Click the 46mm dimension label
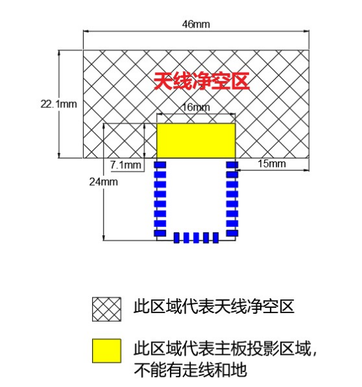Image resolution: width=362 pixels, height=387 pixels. click(x=196, y=24)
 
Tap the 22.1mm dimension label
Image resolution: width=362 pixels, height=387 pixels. click(x=59, y=104)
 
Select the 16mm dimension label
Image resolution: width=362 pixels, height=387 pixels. click(x=196, y=107)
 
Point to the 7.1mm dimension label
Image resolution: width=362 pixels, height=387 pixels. click(x=126, y=165)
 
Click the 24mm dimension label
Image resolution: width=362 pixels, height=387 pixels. click(x=103, y=182)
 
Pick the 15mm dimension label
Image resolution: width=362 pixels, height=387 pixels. click(x=272, y=163)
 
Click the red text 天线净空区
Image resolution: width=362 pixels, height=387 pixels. click(x=201, y=81)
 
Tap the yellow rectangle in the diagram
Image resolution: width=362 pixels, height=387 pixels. click(x=196, y=141)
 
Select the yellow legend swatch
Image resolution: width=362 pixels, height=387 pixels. click(x=107, y=350)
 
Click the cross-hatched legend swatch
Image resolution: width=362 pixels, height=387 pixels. click(x=107, y=309)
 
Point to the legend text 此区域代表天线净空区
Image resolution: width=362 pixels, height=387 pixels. click(x=214, y=307)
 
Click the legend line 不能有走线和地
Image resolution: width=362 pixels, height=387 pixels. click(x=190, y=369)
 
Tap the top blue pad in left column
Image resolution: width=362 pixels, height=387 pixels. click(x=160, y=165)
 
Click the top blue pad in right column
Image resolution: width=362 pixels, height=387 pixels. click(x=232, y=165)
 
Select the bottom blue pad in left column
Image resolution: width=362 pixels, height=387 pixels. click(x=160, y=233)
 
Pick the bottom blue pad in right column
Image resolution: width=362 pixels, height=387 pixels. click(x=232, y=233)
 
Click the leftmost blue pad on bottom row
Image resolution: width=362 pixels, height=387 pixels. click(x=176, y=238)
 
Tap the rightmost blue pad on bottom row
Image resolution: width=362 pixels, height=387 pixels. click(x=216, y=238)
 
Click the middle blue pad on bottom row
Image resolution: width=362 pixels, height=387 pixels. click(x=196, y=238)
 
